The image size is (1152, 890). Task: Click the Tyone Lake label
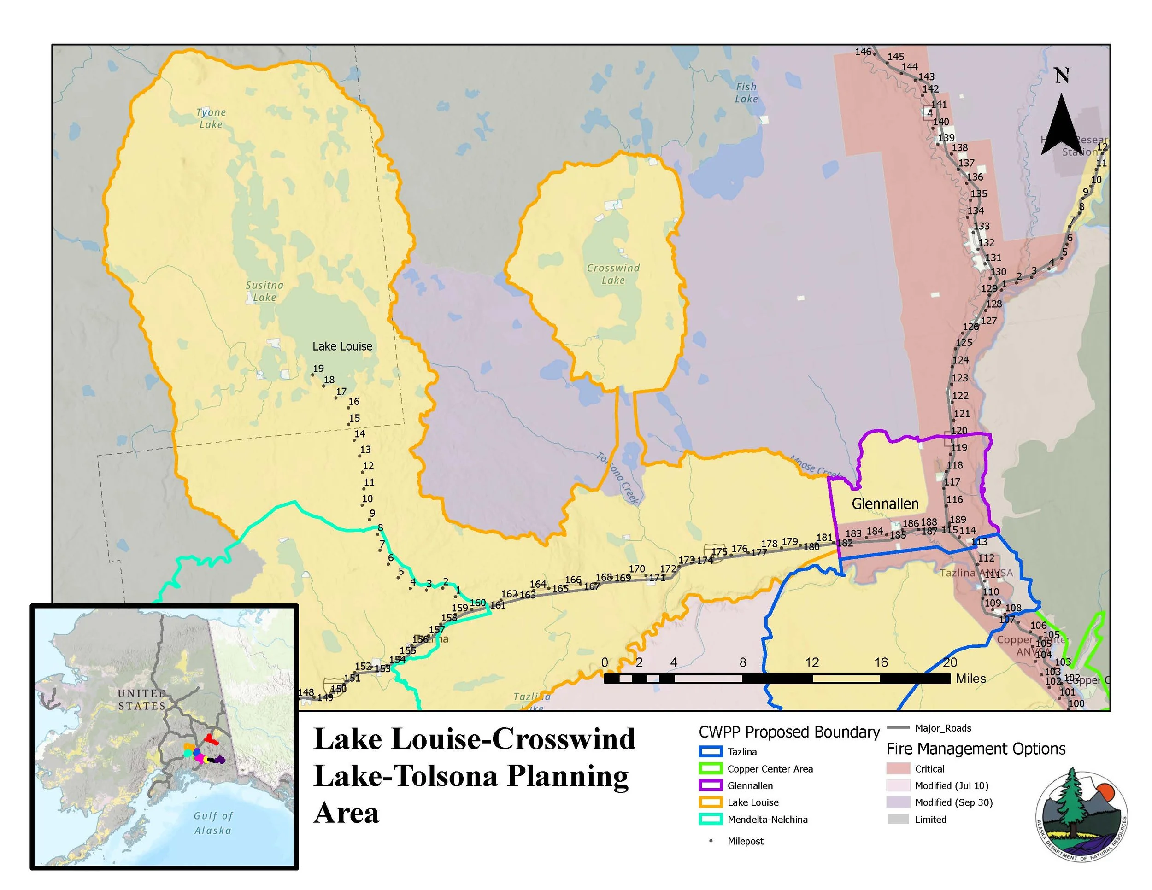(x=211, y=118)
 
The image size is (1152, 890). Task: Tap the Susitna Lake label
(x=264, y=291)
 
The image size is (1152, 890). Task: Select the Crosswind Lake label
(x=613, y=274)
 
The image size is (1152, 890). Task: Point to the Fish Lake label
(x=746, y=92)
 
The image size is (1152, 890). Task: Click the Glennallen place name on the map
(x=885, y=504)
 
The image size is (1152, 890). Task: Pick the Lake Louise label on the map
(x=342, y=346)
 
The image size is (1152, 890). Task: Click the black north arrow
(x=1061, y=127)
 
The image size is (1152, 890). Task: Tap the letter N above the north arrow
(x=1061, y=76)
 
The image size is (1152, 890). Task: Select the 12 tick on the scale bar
(x=812, y=662)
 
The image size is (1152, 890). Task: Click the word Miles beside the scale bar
(x=970, y=679)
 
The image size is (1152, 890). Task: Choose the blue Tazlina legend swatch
(x=710, y=752)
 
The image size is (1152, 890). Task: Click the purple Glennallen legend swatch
(x=710, y=785)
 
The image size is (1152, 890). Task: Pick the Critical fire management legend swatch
(x=898, y=769)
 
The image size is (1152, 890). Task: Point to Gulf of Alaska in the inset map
(x=212, y=822)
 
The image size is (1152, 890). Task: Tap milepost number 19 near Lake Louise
(x=318, y=369)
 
